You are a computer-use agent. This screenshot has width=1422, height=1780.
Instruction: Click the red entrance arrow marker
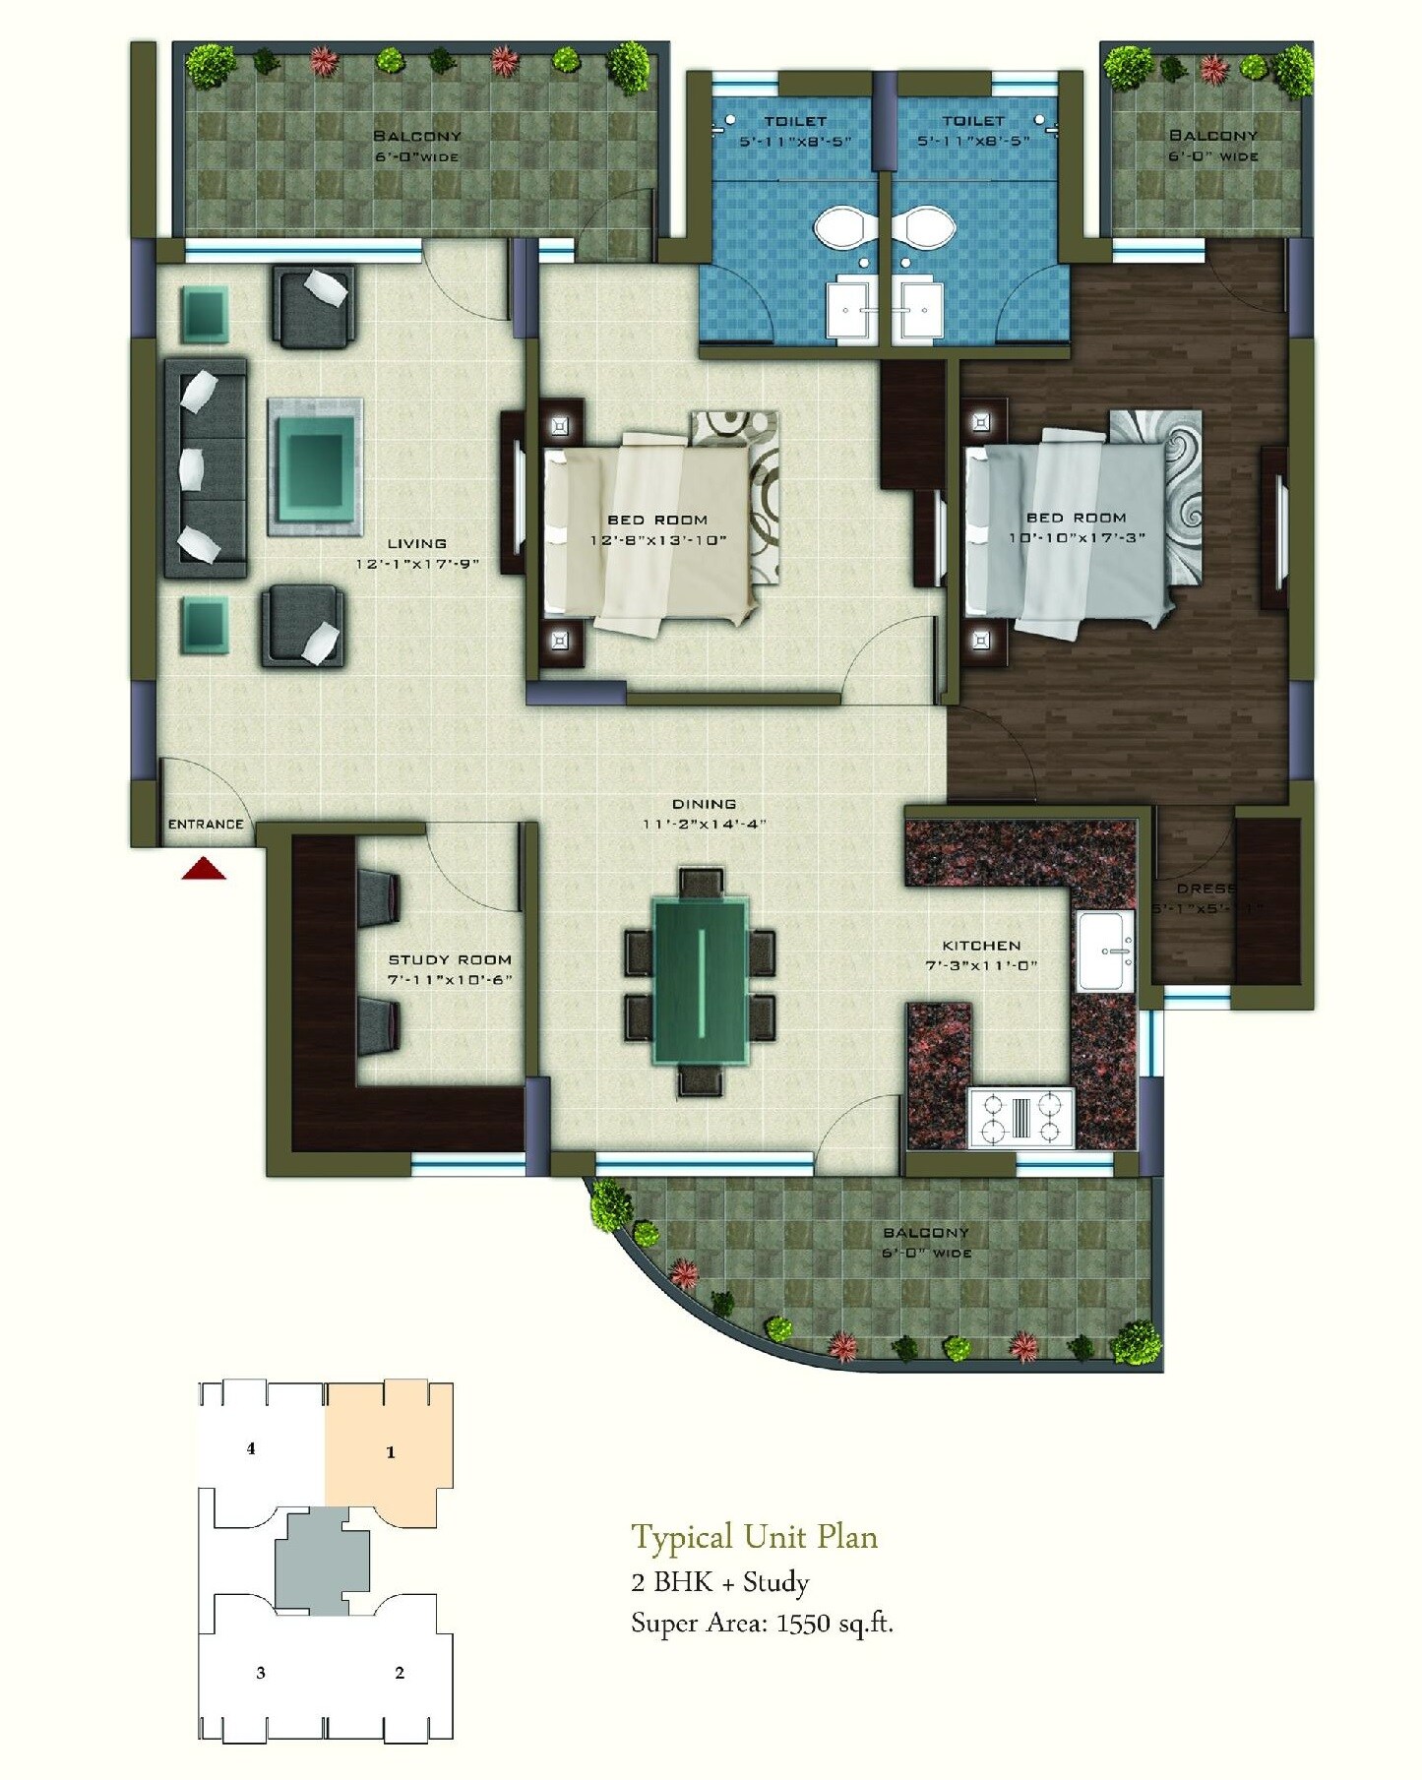[204, 868]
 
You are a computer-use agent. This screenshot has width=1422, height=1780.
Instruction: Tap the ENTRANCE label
[206, 825]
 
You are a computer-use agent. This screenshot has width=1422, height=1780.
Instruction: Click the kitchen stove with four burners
[1020, 1118]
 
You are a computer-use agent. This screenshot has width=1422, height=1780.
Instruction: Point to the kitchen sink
[1106, 951]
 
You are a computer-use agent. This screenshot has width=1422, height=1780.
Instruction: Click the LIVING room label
[416, 543]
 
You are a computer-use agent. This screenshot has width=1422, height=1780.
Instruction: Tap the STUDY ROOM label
[450, 959]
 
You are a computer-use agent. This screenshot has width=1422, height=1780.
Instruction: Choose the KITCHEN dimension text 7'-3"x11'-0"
[981, 966]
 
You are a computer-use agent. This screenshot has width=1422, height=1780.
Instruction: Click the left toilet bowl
[840, 227]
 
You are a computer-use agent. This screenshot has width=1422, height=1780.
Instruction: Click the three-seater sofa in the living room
[206, 467]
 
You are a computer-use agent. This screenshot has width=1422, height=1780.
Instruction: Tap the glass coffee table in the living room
[316, 466]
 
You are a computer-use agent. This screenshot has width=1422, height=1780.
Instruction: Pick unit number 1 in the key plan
[391, 1452]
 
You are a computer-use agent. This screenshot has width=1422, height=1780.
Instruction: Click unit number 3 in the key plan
[261, 1673]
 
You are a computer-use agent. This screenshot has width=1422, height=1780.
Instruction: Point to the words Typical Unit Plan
[754, 1537]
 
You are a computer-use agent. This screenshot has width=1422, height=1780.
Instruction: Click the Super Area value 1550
[803, 1624]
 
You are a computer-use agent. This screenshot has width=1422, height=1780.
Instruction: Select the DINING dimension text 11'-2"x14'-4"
[704, 825]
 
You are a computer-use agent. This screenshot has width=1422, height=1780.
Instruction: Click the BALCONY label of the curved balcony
[926, 1232]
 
